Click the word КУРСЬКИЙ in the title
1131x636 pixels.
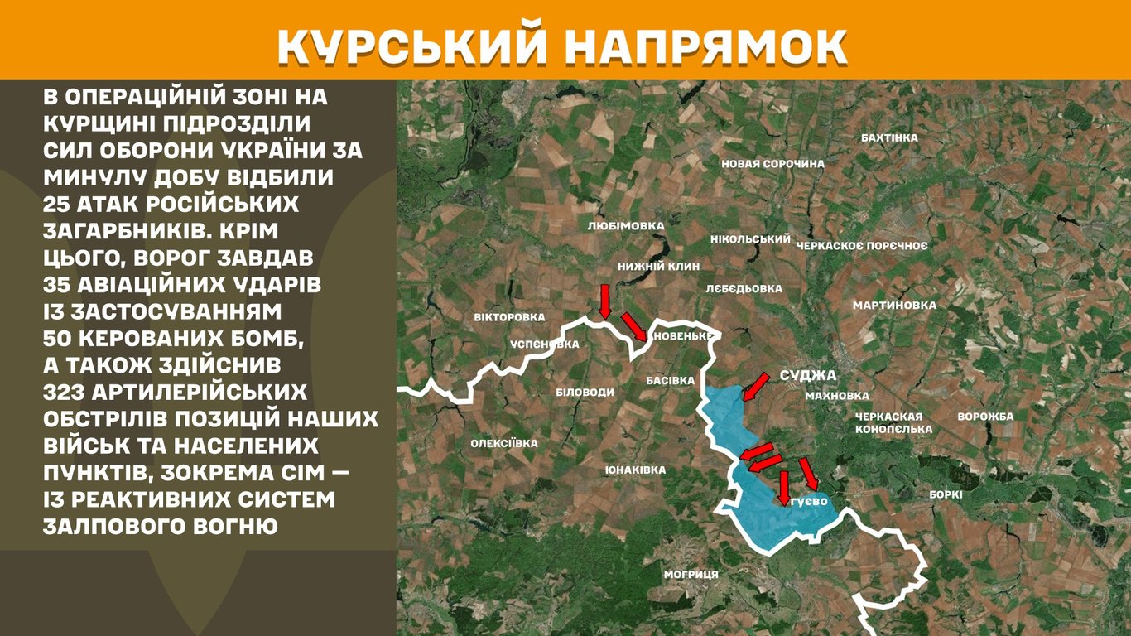pyautogui.click(x=411, y=45)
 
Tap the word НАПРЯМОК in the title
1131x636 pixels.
pyautogui.click(x=706, y=45)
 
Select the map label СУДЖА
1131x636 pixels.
pyautogui.click(x=807, y=375)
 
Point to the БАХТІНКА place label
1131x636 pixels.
pyautogui.click(x=889, y=137)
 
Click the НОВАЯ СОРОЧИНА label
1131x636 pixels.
pyautogui.click(x=772, y=164)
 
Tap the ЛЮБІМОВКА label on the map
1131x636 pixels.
pyautogui.click(x=625, y=225)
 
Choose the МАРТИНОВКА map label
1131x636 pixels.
pyautogui.click(x=894, y=306)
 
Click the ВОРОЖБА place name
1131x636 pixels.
pyautogui.click(x=985, y=417)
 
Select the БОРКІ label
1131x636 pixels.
pyautogui.click(x=946, y=494)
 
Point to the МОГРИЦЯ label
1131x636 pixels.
pyautogui.click(x=691, y=574)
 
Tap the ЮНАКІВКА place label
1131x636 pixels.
pyautogui.click(x=635, y=470)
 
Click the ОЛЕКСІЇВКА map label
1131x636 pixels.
pyautogui.click(x=504, y=444)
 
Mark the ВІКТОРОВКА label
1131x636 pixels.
pyautogui.click(x=509, y=317)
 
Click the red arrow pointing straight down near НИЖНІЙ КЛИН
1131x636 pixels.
pyautogui.click(x=604, y=301)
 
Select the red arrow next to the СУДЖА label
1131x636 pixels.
pyautogui.click(x=756, y=386)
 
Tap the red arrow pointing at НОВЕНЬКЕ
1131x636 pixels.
pyautogui.click(x=634, y=326)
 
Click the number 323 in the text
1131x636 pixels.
pyautogui.click(x=70, y=392)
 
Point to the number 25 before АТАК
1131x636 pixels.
pyautogui.click(x=57, y=204)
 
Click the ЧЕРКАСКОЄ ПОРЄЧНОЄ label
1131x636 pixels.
pyautogui.click(x=861, y=246)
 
